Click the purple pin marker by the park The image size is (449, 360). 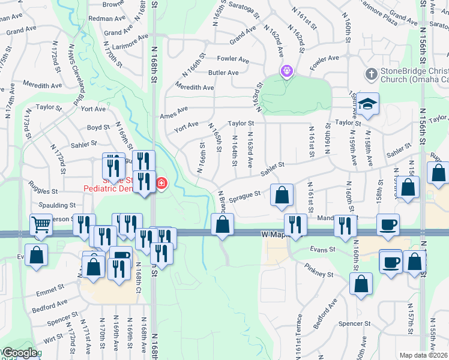click(x=287, y=71)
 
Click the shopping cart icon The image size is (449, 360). click(x=41, y=225)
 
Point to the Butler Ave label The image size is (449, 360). click(x=224, y=73)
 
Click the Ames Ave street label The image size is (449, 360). click(x=173, y=116)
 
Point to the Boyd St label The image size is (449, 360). click(x=98, y=127)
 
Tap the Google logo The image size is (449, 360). click(x=19, y=353)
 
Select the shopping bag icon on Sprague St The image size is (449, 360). click(x=282, y=195)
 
